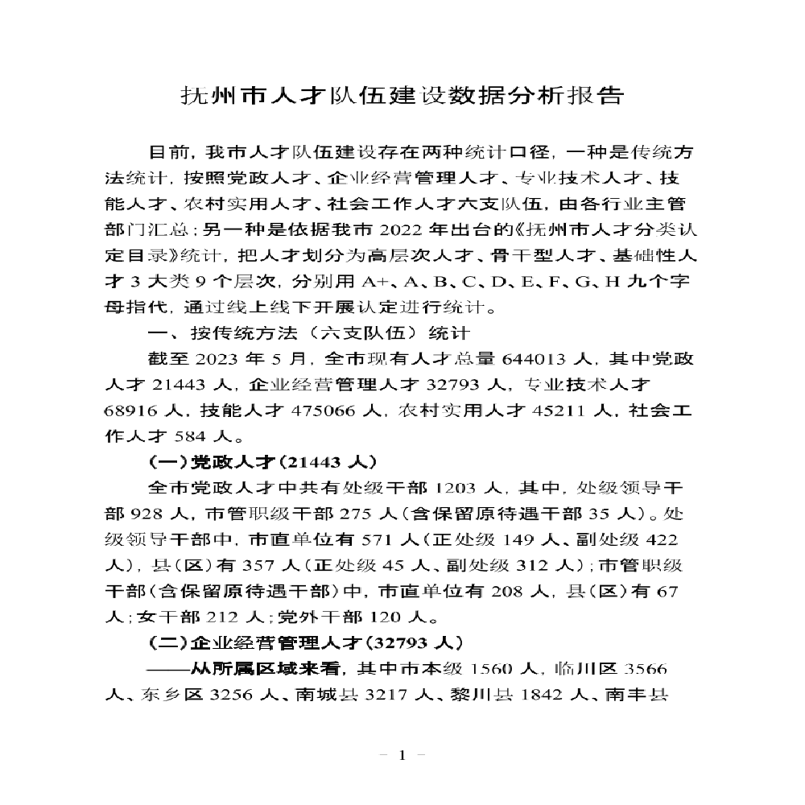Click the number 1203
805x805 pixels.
[x=459, y=488]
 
